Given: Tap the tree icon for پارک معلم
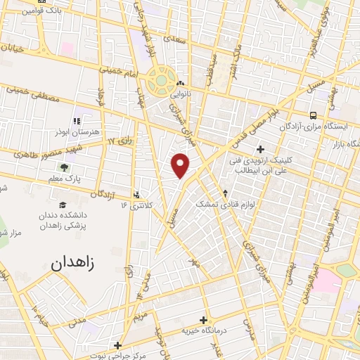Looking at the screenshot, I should (x=65, y=167).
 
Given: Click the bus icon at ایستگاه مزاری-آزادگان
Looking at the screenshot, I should (x=312, y=115).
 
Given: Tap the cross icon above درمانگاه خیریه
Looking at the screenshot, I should (x=203, y=320).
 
